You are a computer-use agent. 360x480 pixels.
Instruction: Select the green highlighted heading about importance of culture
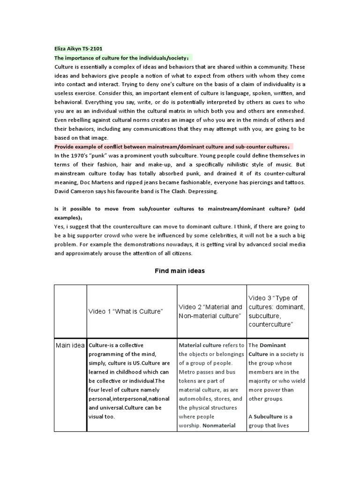pyautogui.click(x=123, y=58)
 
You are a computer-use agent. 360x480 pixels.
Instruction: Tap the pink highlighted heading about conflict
pyautogui.click(x=173, y=146)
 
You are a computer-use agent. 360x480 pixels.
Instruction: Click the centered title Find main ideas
pyautogui.click(x=180, y=271)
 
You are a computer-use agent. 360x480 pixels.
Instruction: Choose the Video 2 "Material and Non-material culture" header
pyautogui.click(x=211, y=311)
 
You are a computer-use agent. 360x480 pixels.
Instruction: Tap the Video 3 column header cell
pyautogui.click(x=277, y=311)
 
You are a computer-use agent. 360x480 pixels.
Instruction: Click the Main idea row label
pyautogui.click(x=70, y=345)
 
